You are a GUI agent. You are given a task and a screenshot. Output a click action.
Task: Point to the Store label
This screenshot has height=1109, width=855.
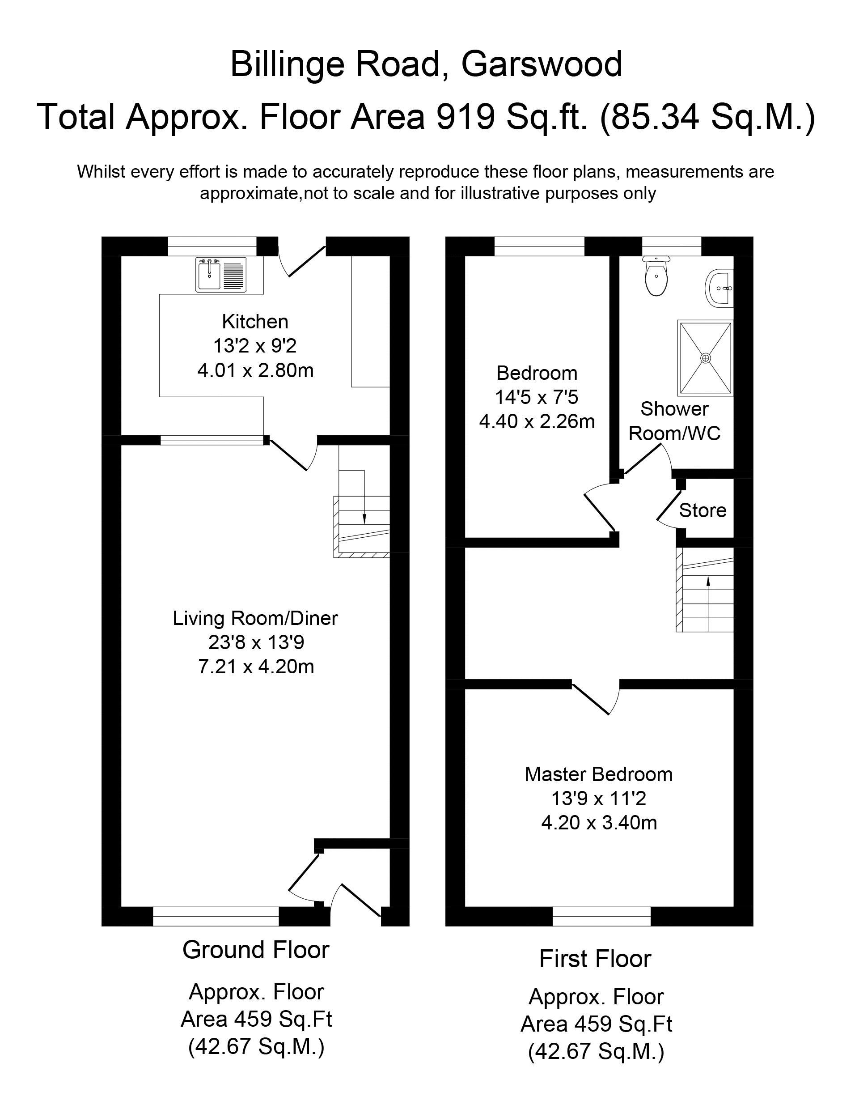(x=702, y=510)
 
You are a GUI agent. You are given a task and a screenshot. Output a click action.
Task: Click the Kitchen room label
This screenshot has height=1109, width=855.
(x=255, y=322)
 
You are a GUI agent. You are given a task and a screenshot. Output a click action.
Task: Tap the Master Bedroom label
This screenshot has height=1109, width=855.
(x=598, y=774)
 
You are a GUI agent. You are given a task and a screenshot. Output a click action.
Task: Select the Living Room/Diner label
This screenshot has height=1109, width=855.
(x=255, y=618)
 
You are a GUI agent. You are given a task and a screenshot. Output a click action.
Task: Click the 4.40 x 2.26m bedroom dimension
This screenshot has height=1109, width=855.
(x=537, y=421)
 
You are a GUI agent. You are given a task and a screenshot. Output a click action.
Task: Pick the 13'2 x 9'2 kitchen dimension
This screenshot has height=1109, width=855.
(x=255, y=346)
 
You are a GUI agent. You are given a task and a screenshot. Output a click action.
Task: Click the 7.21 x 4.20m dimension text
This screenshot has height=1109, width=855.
(x=256, y=666)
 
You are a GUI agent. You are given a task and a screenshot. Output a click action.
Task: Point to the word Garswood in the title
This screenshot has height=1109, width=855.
(x=541, y=64)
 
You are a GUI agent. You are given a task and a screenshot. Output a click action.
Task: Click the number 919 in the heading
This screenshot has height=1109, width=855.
(x=466, y=116)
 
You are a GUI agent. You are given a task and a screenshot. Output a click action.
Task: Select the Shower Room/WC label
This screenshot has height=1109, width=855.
(x=674, y=421)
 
